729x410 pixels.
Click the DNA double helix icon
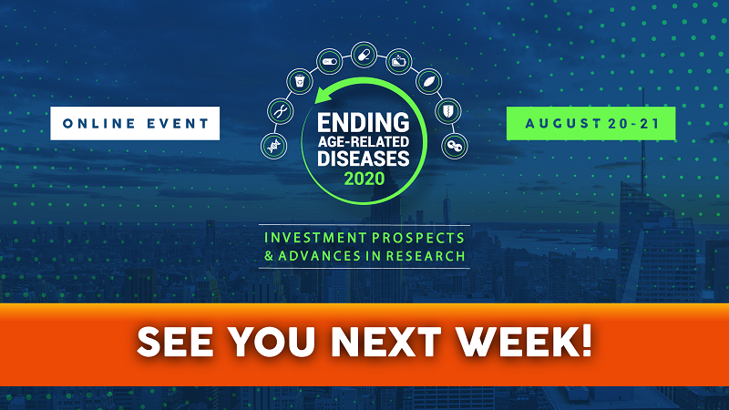(273, 146)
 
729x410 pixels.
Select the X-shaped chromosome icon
(281, 111)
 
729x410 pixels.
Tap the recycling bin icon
(300, 81)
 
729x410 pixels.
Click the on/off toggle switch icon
(330, 61)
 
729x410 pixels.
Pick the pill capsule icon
(364, 55)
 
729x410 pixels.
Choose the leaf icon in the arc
(428, 81)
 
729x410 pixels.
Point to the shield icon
(448, 111)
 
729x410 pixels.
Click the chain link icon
(454, 146)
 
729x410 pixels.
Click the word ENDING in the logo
(364, 123)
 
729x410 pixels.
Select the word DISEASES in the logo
(364, 158)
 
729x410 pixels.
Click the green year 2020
(364, 179)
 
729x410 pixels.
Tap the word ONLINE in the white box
(99, 124)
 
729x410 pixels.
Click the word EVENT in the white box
(178, 124)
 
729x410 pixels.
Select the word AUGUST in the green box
(563, 124)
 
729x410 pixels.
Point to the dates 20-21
(633, 124)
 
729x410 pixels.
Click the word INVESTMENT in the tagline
(315, 238)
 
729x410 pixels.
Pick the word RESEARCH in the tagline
(426, 256)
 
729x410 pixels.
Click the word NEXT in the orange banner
(385, 342)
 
